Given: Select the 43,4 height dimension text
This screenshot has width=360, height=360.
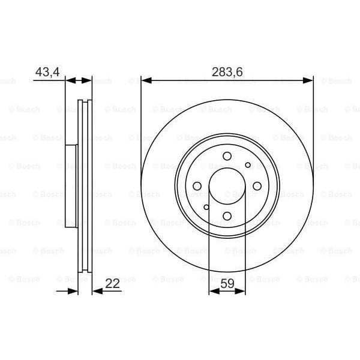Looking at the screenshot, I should click(x=47, y=72).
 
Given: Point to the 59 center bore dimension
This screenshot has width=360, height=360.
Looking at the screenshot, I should click(x=227, y=284).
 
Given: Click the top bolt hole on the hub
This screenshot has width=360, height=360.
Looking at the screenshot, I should click(x=227, y=157).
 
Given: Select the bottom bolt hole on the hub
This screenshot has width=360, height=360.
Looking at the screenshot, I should click(x=227, y=216).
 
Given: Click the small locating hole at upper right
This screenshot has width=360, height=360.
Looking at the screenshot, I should click(x=247, y=165).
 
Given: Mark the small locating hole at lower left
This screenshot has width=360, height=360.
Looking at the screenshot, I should click(x=206, y=208).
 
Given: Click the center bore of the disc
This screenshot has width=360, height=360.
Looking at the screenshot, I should click(x=227, y=187).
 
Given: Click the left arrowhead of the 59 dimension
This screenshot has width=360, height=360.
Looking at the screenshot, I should click(x=212, y=292).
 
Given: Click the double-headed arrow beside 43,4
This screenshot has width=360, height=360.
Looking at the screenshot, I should click(x=79, y=80).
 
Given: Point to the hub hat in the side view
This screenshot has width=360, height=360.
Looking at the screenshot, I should click(x=71, y=187).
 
